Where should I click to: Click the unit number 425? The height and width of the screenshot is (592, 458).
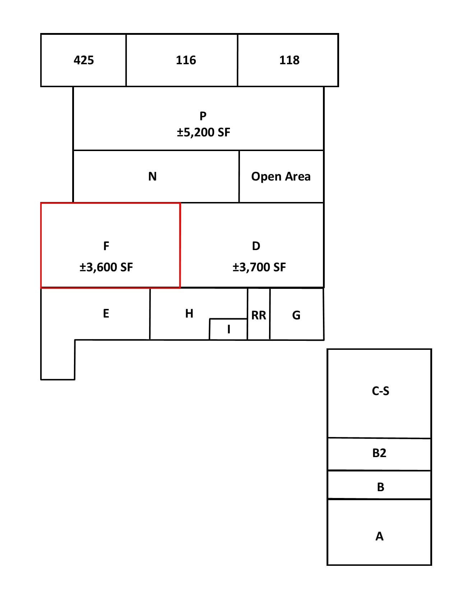click(x=84, y=60)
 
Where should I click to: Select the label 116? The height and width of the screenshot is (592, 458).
click(x=186, y=60)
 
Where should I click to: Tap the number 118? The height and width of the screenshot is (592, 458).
click(x=290, y=60)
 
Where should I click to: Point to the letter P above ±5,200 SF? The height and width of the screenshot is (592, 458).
click(x=203, y=116)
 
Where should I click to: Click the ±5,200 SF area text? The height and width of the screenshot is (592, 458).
click(x=203, y=132)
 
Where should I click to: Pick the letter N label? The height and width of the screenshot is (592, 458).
click(x=152, y=176)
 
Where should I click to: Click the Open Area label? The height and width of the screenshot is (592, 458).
click(x=281, y=177)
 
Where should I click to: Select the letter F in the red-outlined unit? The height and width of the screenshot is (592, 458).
click(x=106, y=246)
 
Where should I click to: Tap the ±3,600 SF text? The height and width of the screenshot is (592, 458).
click(x=106, y=267)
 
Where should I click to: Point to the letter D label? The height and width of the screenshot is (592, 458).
click(x=256, y=246)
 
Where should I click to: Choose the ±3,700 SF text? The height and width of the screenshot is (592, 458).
click(x=259, y=267)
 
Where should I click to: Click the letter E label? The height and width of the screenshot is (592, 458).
click(x=106, y=313)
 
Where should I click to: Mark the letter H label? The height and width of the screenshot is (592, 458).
click(x=189, y=313)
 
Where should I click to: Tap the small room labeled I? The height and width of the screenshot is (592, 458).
click(x=228, y=329)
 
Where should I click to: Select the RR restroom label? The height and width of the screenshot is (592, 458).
click(x=259, y=315)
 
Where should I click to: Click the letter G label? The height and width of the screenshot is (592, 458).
click(x=296, y=315)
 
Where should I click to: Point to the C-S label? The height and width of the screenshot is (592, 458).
click(x=380, y=391)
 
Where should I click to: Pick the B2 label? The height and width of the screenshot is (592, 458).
click(x=379, y=453)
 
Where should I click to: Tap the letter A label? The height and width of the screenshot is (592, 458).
click(x=379, y=536)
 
